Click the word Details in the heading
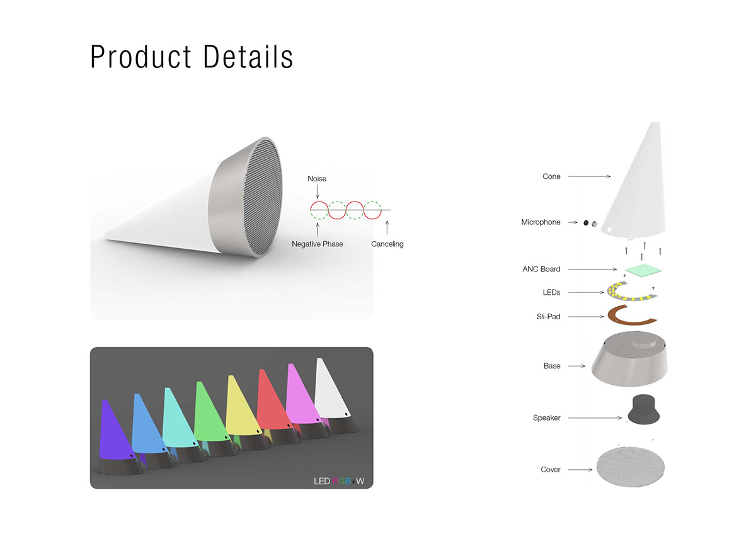pos(248,57)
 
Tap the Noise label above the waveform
pos(316,178)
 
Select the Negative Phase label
pos(317,244)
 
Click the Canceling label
pos(387,244)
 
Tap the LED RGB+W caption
pos(339,481)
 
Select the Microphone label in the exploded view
pos(541,222)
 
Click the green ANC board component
pos(643,270)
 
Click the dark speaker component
pos(643,409)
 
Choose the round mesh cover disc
pos(630,467)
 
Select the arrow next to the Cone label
pos(589,176)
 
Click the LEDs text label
pos(551,292)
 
